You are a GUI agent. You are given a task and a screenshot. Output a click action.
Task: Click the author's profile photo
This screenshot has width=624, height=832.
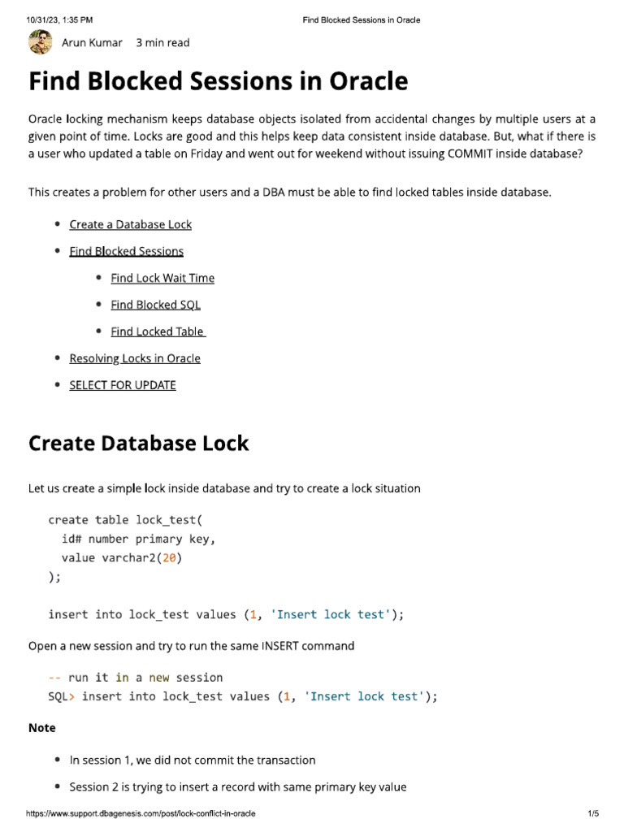pos(40,42)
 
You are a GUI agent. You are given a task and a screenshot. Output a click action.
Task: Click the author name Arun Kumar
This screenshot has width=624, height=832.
pos(92,42)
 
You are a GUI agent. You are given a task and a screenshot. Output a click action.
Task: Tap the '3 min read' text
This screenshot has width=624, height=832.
pos(162,42)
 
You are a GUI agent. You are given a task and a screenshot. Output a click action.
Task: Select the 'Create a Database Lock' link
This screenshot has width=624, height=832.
pos(130,224)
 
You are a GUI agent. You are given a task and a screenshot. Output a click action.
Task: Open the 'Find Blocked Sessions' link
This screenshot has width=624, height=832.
pos(126,251)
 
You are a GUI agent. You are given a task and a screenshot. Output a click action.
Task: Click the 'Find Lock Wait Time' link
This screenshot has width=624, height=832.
pos(162,278)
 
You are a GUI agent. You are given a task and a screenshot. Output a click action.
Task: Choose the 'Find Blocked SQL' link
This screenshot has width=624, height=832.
pos(155,305)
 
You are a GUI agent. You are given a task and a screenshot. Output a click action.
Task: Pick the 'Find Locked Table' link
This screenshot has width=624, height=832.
pos(158,331)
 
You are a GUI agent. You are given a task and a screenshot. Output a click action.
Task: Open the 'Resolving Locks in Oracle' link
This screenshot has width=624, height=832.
pos(135,358)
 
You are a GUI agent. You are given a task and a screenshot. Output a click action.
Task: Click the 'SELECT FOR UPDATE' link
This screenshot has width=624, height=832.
pos(123,385)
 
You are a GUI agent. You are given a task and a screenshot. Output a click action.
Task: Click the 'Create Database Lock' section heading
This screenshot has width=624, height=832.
pos(138,444)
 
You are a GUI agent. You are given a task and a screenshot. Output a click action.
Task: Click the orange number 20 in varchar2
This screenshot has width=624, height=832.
pos(169,557)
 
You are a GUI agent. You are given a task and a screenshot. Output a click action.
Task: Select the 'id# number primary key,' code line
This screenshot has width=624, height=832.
pos(139,539)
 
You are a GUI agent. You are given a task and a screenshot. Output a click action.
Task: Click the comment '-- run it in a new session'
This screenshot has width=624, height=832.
pos(136,678)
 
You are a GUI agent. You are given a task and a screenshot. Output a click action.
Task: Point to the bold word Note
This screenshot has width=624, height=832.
pos(42,728)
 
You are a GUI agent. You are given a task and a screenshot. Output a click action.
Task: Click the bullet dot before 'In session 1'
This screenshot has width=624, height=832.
pos(57,760)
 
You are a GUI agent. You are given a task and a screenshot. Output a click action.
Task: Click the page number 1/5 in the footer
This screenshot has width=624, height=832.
pos(592,813)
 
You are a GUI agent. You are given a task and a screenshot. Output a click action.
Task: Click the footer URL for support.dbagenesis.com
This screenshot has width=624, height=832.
pos(141,813)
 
